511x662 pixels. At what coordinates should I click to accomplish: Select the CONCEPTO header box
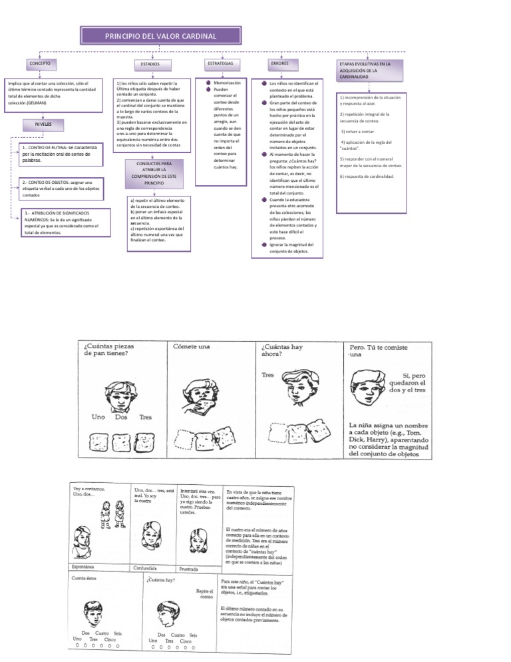coord(38,63)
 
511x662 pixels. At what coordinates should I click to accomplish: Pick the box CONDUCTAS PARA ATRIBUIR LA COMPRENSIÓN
coord(154,172)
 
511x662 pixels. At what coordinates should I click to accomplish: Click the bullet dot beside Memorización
coord(208,82)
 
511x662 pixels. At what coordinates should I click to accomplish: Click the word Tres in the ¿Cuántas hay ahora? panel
coord(267,375)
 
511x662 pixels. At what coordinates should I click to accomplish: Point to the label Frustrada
coord(194,569)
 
